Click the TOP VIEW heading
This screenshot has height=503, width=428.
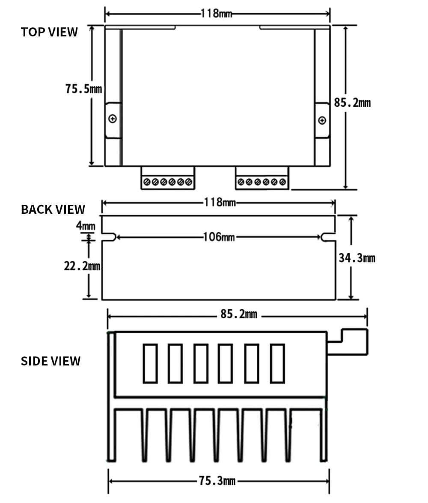click(x=49, y=32)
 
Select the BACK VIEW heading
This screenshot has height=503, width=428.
click(x=53, y=210)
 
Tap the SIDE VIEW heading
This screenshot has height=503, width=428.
click(x=51, y=361)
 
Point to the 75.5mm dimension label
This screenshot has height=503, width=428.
click(x=83, y=89)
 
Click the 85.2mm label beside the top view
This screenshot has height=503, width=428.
click(x=352, y=103)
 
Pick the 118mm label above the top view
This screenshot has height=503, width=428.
click(x=217, y=14)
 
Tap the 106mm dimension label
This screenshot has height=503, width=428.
click(x=219, y=237)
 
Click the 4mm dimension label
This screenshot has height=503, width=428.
click(x=86, y=225)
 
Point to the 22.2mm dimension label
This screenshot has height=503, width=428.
click(x=82, y=266)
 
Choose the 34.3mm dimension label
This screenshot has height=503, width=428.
click(x=357, y=258)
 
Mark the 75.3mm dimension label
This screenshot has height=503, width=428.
click(x=217, y=481)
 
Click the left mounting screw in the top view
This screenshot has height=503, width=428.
click(x=113, y=119)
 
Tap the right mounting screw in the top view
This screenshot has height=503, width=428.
click(x=322, y=120)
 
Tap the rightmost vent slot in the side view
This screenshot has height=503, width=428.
click(x=277, y=363)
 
